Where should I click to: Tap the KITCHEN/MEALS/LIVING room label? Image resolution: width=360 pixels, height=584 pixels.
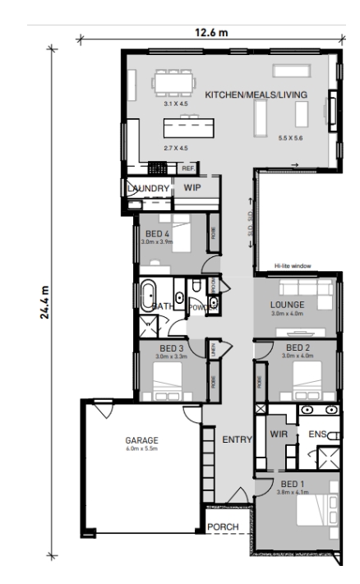(x=256, y=95)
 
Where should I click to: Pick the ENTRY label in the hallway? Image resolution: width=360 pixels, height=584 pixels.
(x=237, y=440)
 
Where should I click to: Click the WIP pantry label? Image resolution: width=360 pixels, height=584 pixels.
(x=192, y=188)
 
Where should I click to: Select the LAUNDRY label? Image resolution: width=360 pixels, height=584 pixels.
(x=149, y=188)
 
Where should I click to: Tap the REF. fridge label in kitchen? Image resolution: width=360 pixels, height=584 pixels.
(x=187, y=168)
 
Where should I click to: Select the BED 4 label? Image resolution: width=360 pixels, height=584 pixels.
(x=155, y=234)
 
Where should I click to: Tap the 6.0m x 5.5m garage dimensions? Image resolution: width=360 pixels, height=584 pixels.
(x=142, y=449)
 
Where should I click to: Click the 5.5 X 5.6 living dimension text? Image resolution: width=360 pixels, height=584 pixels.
(x=291, y=136)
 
